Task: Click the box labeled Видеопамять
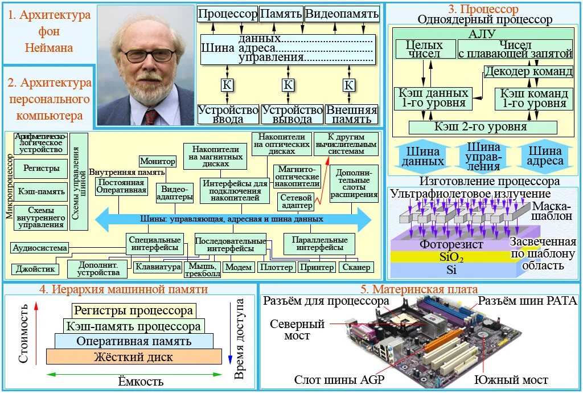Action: pos(342,14)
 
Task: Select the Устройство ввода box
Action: pos(228,114)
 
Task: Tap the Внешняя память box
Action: pos(352,114)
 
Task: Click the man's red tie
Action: pos(151,117)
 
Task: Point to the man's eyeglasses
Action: pos(149,55)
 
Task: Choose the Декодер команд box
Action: pos(528,72)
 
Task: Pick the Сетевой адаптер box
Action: pos(297,201)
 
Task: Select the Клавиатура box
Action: pos(158,267)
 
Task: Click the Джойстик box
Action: pos(35,269)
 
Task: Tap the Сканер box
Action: pos(357,267)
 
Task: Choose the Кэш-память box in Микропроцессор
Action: pos(41,192)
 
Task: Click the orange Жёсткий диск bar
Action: pos(134,357)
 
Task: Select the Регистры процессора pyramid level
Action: pos(133,311)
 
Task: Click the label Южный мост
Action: pos(511,380)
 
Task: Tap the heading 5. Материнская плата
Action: pos(420,289)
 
